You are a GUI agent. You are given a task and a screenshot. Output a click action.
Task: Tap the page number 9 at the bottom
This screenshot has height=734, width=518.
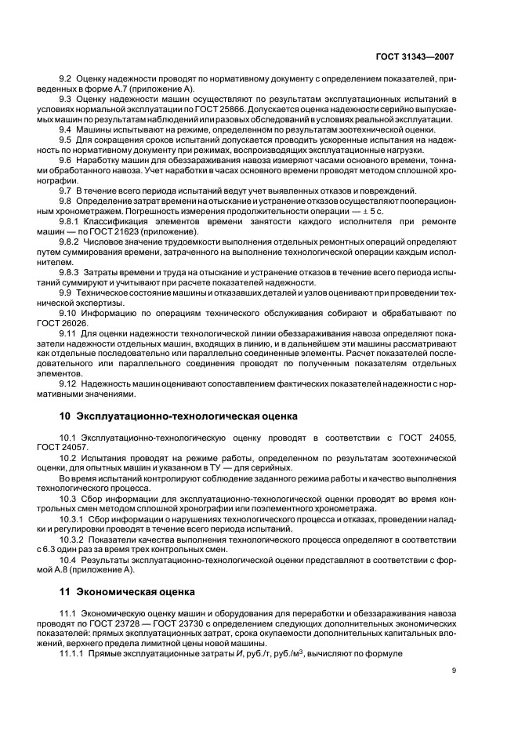[453, 669]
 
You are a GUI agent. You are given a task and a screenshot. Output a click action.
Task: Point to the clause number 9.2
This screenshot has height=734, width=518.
[65, 79]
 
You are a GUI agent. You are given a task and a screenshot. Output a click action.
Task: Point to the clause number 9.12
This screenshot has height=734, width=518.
[67, 382]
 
